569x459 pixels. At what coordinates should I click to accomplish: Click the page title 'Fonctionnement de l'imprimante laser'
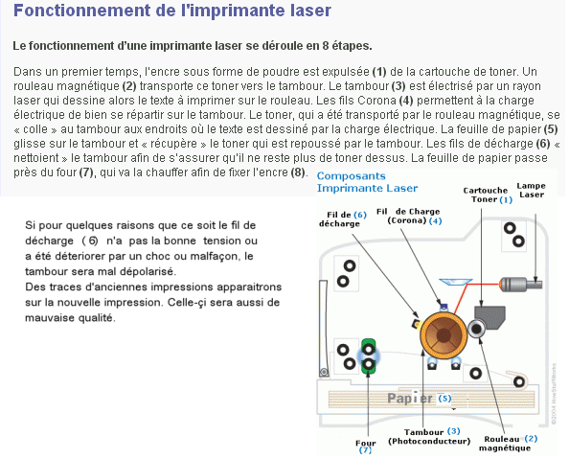point(172,11)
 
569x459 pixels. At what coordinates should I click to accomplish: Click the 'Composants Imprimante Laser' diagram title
point(367,182)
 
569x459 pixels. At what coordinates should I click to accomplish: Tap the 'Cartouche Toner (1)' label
point(488,195)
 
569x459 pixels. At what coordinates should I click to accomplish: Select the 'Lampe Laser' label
point(532,190)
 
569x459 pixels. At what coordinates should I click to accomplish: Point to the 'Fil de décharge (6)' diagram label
point(343,219)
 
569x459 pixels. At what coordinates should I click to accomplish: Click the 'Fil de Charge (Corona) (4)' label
point(409,216)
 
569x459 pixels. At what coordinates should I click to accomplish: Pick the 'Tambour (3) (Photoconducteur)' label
point(429,436)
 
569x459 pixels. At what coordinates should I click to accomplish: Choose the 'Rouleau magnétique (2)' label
point(508,443)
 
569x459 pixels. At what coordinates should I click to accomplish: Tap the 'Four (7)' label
point(365,447)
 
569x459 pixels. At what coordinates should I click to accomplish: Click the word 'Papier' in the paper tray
point(410,399)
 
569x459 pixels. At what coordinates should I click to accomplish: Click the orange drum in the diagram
point(444,335)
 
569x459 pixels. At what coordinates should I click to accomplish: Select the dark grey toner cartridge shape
point(489,317)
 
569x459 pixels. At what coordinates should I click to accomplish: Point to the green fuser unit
point(369,356)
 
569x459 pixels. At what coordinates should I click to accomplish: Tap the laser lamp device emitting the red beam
point(520,285)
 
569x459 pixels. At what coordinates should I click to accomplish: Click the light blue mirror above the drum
point(455,282)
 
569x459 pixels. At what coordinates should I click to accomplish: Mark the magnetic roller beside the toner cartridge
point(476,329)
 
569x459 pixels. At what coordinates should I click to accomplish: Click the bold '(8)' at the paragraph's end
point(298,172)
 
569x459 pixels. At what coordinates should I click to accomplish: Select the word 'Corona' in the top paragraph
point(376,101)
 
